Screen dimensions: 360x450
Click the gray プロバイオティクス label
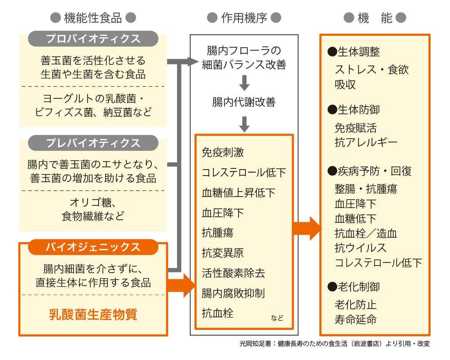(93, 39)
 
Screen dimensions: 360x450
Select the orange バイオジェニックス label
(93, 247)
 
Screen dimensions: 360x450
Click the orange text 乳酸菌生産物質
(93, 315)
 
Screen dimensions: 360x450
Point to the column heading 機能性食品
(93, 18)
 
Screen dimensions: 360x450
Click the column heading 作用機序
(244, 18)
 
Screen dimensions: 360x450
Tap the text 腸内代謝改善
(244, 102)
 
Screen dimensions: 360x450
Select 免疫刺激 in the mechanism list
(223, 152)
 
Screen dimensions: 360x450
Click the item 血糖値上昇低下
(239, 193)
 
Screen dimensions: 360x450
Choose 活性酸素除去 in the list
(233, 273)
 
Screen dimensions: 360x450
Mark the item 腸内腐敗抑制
(233, 293)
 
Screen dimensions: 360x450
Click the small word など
(277, 318)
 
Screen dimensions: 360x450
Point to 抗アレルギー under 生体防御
(366, 143)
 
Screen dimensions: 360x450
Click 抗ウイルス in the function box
(360, 248)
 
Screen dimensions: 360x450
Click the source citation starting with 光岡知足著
(335, 344)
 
